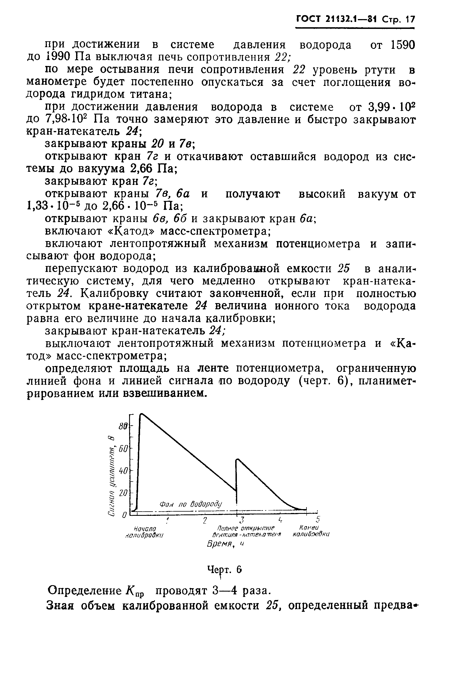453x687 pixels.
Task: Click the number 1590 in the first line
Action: click(x=402, y=45)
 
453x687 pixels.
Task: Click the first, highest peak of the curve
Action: click(x=141, y=415)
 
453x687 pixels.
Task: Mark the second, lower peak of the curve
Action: click(x=237, y=460)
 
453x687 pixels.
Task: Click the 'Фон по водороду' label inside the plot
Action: click(x=190, y=504)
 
